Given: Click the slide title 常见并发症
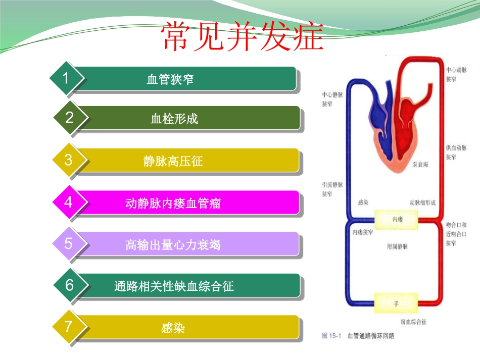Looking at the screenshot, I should pyautogui.click(x=242, y=37).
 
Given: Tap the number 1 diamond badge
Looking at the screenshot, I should pyautogui.click(x=66, y=78).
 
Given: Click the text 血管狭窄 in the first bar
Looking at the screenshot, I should pyautogui.click(x=170, y=79).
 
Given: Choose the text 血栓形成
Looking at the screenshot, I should pyautogui.click(x=174, y=119).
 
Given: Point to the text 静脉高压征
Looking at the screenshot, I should pyautogui.click(x=173, y=162).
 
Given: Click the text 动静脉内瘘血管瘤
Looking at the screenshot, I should pyautogui.click(x=173, y=203).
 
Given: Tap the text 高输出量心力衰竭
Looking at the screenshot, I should pyautogui.click(x=173, y=245).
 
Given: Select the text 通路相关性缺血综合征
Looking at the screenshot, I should pyautogui.click(x=174, y=287).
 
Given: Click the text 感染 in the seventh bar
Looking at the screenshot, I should pyautogui.click(x=173, y=328).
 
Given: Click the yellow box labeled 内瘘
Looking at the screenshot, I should pyautogui.click(x=397, y=219).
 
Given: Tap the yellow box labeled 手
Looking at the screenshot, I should pyautogui.click(x=396, y=304).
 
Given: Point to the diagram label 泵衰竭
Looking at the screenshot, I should pyautogui.click(x=420, y=165).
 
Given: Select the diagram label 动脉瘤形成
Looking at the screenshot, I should pyautogui.click(x=422, y=202).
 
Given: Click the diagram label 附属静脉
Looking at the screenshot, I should pyautogui.click(x=397, y=247).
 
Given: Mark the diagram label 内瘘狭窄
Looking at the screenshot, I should pyautogui.click(x=362, y=233).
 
